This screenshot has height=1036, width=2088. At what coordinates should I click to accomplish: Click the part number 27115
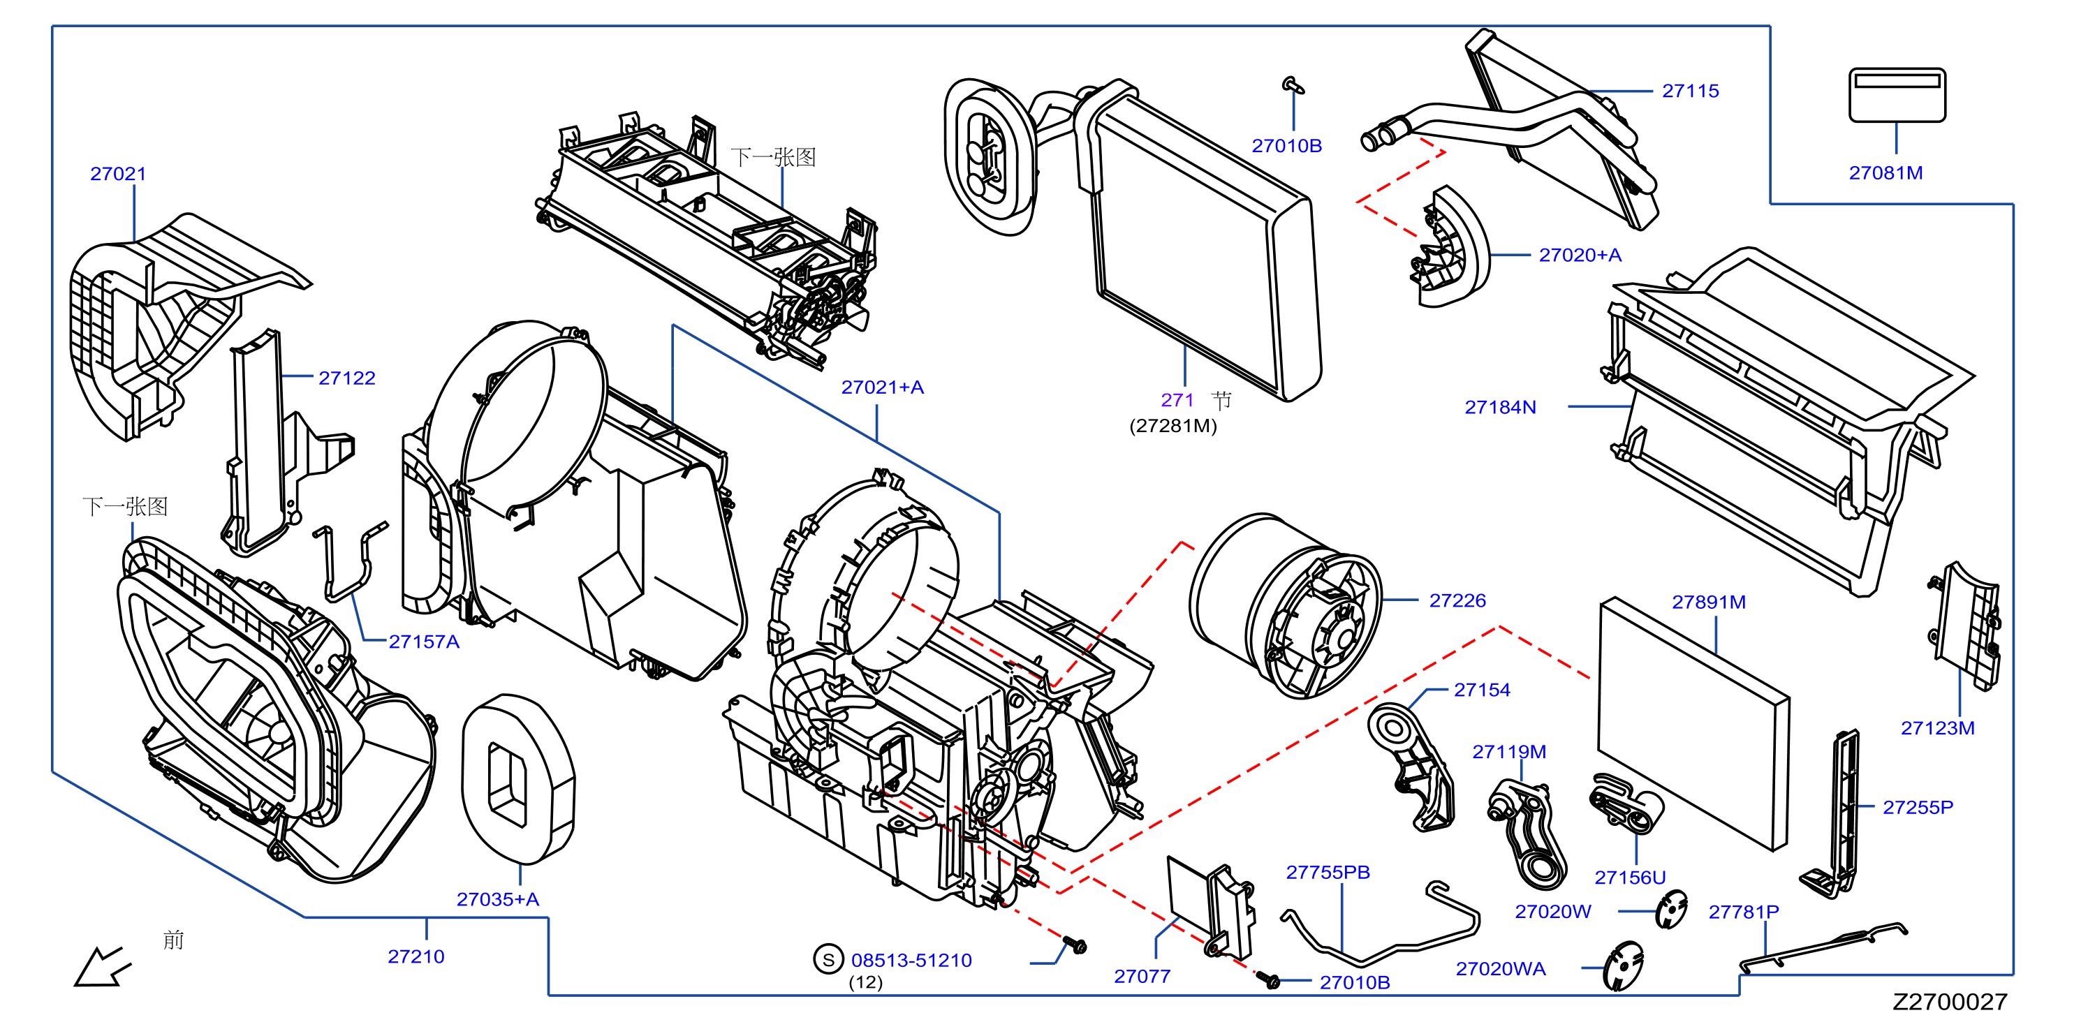pyautogui.click(x=1690, y=91)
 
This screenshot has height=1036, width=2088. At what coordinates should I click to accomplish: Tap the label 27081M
pyautogui.click(x=1885, y=172)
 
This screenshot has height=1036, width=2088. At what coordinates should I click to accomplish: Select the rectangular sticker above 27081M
pyautogui.click(x=1897, y=95)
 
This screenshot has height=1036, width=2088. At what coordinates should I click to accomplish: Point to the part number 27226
pyautogui.click(x=1457, y=600)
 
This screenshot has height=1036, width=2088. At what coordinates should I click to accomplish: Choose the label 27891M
pyautogui.click(x=1709, y=602)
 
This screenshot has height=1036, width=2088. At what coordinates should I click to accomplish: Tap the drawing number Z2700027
pyautogui.click(x=1950, y=1002)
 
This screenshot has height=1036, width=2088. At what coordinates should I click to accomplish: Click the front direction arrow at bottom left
pyautogui.click(x=102, y=965)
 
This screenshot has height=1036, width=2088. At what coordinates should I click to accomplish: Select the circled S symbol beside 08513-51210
pyautogui.click(x=828, y=960)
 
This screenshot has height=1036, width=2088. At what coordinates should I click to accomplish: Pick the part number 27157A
pyautogui.click(x=424, y=642)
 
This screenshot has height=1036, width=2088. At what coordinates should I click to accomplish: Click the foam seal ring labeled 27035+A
pyautogui.click(x=518, y=779)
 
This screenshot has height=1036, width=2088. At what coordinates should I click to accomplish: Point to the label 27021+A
pyautogui.click(x=882, y=387)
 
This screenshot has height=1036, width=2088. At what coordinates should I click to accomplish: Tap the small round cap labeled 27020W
pyautogui.click(x=1671, y=910)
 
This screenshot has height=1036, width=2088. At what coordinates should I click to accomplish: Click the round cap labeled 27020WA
pyautogui.click(x=1624, y=965)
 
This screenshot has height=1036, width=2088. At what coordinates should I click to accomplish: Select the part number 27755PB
pyautogui.click(x=1328, y=873)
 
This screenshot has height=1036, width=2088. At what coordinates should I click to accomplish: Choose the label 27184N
pyautogui.click(x=1500, y=408)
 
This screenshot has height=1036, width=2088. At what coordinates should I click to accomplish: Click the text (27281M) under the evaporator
pyautogui.click(x=1173, y=426)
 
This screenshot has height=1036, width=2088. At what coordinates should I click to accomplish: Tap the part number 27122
pyautogui.click(x=347, y=378)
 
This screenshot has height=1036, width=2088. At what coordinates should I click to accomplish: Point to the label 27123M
pyautogui.click(x=1937, y=728)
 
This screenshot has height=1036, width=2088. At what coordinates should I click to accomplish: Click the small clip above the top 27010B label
pyautogui.click(x=1293, y=84)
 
